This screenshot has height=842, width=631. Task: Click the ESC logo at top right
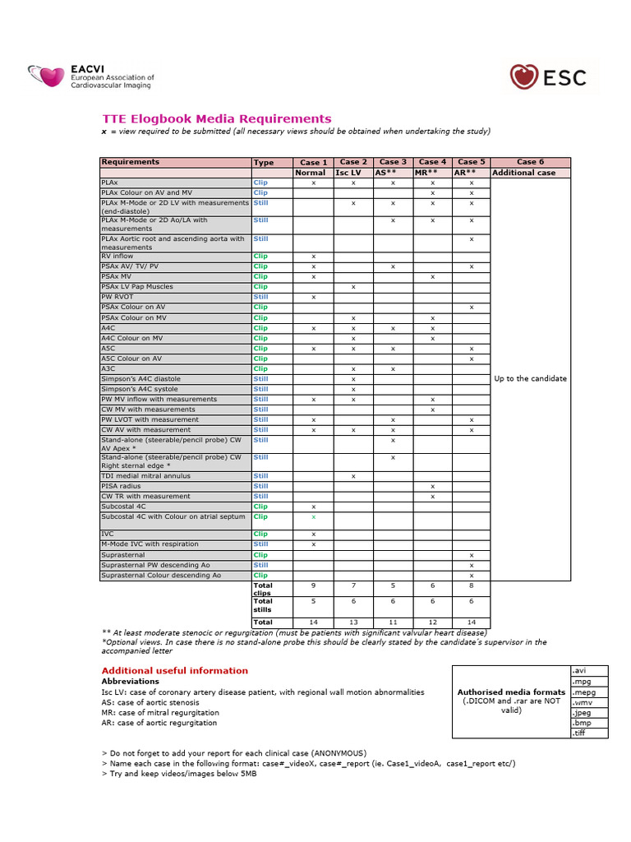pos(548,77)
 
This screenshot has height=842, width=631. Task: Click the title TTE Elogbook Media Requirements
pos(216,119)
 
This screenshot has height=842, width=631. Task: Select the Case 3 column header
pos(393,162)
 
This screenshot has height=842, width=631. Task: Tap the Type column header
pos(264,163)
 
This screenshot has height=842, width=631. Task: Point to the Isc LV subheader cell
pos(353,173)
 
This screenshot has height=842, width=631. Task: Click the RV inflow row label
pos(117,257)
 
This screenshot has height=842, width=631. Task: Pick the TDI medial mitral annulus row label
pos(145,476)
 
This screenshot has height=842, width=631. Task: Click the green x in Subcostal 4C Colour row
pos(314,517)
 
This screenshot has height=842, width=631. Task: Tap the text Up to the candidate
pos(530,379)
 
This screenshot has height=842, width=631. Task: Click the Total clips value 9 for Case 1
pos(314,585)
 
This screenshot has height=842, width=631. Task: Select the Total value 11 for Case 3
pos(393,622)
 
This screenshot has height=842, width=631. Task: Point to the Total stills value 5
pos(314,601)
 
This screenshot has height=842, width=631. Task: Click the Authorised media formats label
pos(511,692)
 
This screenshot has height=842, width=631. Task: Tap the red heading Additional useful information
pos(174,671)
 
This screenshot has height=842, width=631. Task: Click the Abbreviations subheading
pos(130,682)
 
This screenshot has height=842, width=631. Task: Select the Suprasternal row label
pos(121,555)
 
